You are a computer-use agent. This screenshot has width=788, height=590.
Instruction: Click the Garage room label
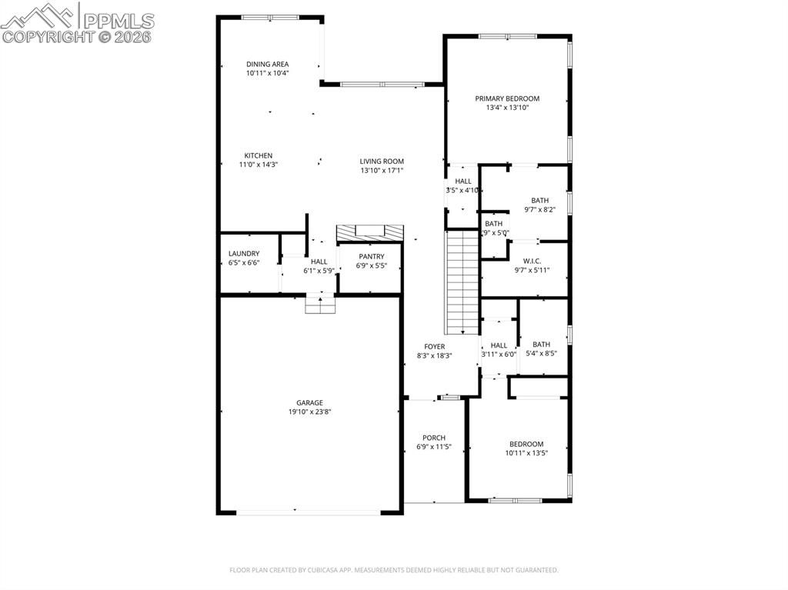[309, 402]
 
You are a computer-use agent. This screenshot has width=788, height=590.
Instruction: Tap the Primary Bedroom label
[506, 98]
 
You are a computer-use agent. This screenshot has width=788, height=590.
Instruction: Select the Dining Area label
[267, 64]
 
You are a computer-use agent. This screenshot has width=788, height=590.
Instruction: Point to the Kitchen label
[259, 155]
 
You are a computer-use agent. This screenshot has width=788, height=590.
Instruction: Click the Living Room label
[382, 162]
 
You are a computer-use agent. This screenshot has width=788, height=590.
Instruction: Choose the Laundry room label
[244, 254]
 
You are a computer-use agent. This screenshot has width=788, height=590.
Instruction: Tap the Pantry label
[371, 257]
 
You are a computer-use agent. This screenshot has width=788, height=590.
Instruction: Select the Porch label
[434, 438]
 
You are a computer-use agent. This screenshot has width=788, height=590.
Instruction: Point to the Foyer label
[435, 347]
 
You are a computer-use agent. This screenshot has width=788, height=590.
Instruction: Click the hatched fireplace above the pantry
[370, 232]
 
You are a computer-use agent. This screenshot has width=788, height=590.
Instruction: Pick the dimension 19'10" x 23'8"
[309, 412]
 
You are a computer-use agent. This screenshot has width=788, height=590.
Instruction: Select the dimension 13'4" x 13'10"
[506, 108]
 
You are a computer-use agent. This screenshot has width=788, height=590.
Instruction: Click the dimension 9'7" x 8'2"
[539, 209]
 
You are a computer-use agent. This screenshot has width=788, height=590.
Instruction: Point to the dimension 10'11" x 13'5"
[526, 453]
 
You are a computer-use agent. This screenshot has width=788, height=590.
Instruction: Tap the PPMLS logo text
[119, 20]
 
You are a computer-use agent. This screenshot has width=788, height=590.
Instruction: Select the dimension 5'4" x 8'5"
[542, 354]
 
